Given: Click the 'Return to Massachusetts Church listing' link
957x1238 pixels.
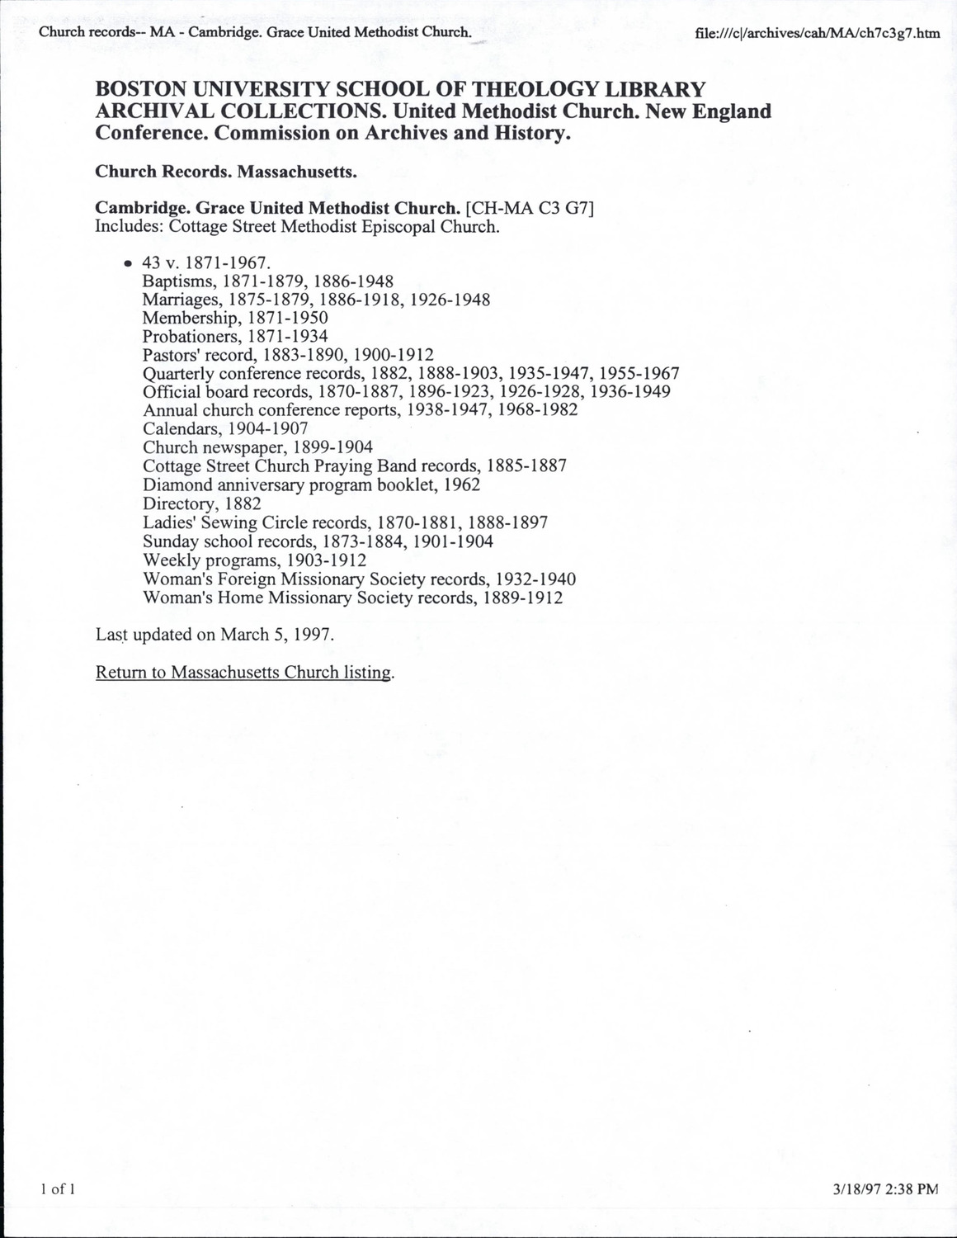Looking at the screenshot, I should pyautogui.click(x=245, y=672).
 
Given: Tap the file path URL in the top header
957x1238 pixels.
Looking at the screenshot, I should pyautogui.click(x=818, y=34).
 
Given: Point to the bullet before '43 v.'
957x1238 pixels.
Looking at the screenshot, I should pyautogui.click(x=128, y=263).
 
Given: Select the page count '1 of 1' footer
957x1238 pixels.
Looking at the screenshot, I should pyautogui.click(x=58, y=1189).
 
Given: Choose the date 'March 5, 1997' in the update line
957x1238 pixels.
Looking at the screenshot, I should pyautogui.click(x=276, y=634).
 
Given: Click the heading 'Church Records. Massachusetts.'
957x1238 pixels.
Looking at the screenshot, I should pyautogui.click(x=226, y=172).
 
